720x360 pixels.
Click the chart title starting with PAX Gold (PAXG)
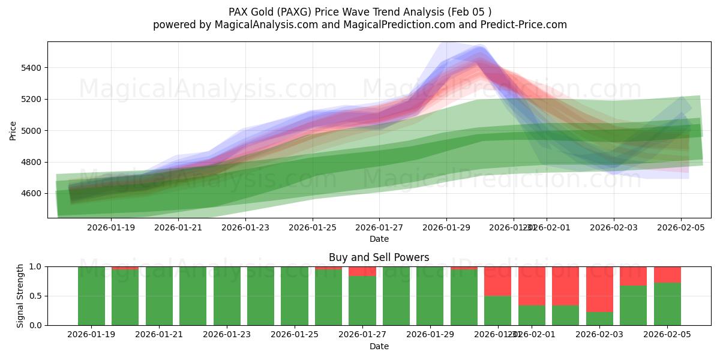(360, 11)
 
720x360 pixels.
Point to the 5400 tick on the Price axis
(32, 68)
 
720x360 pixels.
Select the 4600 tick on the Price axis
(32, 194)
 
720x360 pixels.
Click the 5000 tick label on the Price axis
(32, 131)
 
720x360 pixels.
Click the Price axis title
(13, 130)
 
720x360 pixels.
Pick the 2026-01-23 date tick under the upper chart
(245, 227)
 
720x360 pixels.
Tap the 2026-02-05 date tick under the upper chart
(680, 227)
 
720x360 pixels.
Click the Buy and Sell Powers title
(379, 257)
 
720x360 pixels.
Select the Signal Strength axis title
(20, 295)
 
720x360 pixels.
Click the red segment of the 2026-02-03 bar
(599, 289)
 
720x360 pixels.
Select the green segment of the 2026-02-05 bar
(667, 304)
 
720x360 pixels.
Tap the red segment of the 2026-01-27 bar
(362, 271)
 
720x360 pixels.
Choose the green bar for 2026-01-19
(91, 296)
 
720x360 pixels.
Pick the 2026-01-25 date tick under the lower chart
(295, 335)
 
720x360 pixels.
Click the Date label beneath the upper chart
(379, 239)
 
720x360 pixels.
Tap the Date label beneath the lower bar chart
(379, 346)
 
